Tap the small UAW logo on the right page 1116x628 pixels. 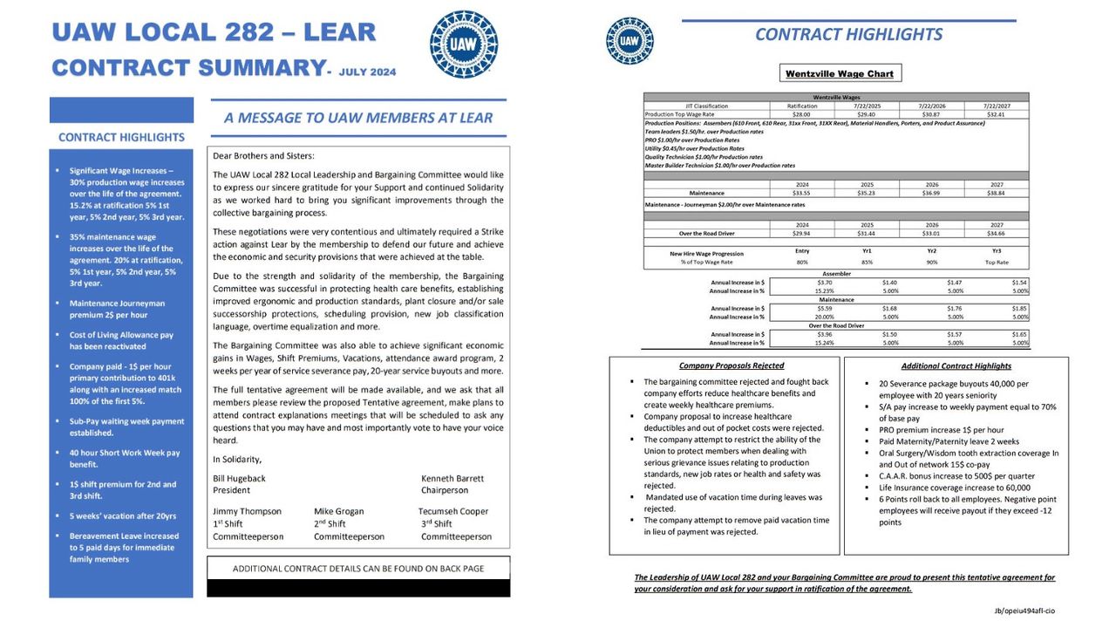coord(629,41)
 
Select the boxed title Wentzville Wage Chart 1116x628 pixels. coord(840,73)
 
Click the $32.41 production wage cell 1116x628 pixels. coord(996,114)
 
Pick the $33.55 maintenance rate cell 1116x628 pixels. coord(800,192)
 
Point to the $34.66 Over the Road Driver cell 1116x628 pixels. coord(996,233)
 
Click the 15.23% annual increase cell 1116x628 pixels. coord(800,290)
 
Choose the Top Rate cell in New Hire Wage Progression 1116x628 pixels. coord(996,262)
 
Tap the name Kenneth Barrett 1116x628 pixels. coord(453,479)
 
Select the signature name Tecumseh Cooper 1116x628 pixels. coord(456,511)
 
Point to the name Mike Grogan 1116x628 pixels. coord(339,511)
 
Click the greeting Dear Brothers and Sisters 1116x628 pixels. coord(263,156)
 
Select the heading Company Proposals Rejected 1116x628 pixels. coord(732,365)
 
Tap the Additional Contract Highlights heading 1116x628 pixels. coord(956,365)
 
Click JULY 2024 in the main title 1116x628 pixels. coord(361,72)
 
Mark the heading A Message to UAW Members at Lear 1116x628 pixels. coord(358,118)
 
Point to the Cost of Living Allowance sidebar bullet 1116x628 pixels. coord(122,340)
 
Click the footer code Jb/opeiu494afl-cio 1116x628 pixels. coord(1030,611)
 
